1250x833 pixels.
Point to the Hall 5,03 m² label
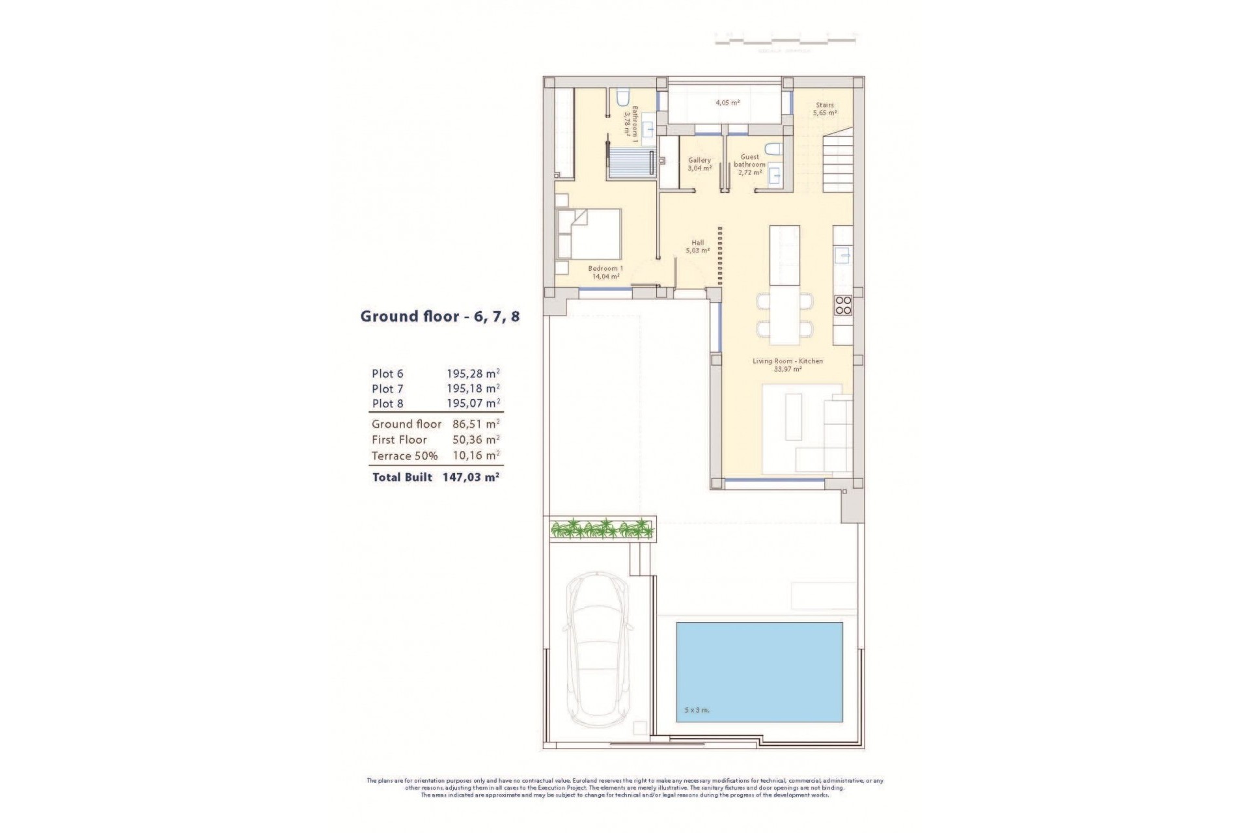point(697,247)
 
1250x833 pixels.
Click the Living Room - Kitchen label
point(787,365)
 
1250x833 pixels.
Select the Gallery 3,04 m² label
point(700,164)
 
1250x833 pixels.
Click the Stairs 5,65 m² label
point(824,109)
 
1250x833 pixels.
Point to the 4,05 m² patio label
point(727,103)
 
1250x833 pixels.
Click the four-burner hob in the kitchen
point(843,305)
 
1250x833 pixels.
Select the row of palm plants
point(602,528)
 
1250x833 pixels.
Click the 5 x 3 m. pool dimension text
point(697,710)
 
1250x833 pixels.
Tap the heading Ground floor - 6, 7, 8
point(440,317)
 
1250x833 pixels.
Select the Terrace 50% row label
point(404,456)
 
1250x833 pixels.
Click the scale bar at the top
point(785,40)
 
